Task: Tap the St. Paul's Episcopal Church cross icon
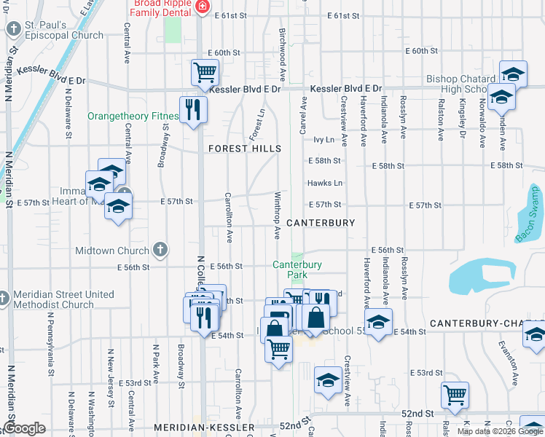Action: [x=13, y=30]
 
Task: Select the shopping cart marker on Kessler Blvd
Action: [x=205, y=73]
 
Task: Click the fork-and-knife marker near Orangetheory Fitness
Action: [x=193, y=110]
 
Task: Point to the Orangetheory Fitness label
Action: [x=133, y=116]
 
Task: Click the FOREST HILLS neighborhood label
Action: [x=245, y=149]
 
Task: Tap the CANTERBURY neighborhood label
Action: [x=321, y=222]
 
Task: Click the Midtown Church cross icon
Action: [x=161, y=251]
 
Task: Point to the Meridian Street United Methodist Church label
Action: [x=63, y=299]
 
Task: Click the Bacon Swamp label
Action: [x=530, y=214]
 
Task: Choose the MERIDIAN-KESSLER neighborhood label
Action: [x=204, y=427]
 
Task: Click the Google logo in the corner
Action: [x=24, y=428]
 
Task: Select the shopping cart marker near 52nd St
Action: [x=455, y=395]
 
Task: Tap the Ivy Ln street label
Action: [x=324, y=139]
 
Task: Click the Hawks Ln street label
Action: [x=324, y=183]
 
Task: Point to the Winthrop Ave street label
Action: [x=277, y=216]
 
